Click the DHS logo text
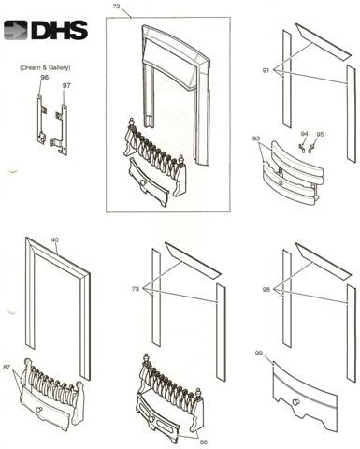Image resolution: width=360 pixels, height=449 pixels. click(59, 30)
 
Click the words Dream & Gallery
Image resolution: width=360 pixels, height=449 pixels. click(45, 67)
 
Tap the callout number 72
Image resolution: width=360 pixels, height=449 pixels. click(116, 7)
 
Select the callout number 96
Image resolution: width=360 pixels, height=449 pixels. click(45, 78)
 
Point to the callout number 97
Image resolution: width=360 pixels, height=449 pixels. click(66, 85)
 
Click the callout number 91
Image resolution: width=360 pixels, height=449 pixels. click(266, 70)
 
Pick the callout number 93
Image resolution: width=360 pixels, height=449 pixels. click(256, 138)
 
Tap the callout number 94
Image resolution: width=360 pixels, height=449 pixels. click(304, 134)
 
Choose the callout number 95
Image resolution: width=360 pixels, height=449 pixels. click(320, 134)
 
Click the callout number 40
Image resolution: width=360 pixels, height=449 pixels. click(55, 239)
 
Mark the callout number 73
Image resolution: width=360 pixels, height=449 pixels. click(136, 289)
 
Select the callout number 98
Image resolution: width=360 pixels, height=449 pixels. click(266, 290)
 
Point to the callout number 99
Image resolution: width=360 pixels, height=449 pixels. click(259, 354)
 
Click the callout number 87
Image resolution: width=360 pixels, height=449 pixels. click(7, 368)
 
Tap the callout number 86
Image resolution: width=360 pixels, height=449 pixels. click(203, 442)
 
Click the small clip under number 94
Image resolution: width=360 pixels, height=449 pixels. click(302, 149)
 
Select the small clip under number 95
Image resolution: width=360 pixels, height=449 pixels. click(311, 149)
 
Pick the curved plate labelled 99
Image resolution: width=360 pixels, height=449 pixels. click(305, 397)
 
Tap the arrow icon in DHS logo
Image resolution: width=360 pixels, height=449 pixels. click(16, 30)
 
